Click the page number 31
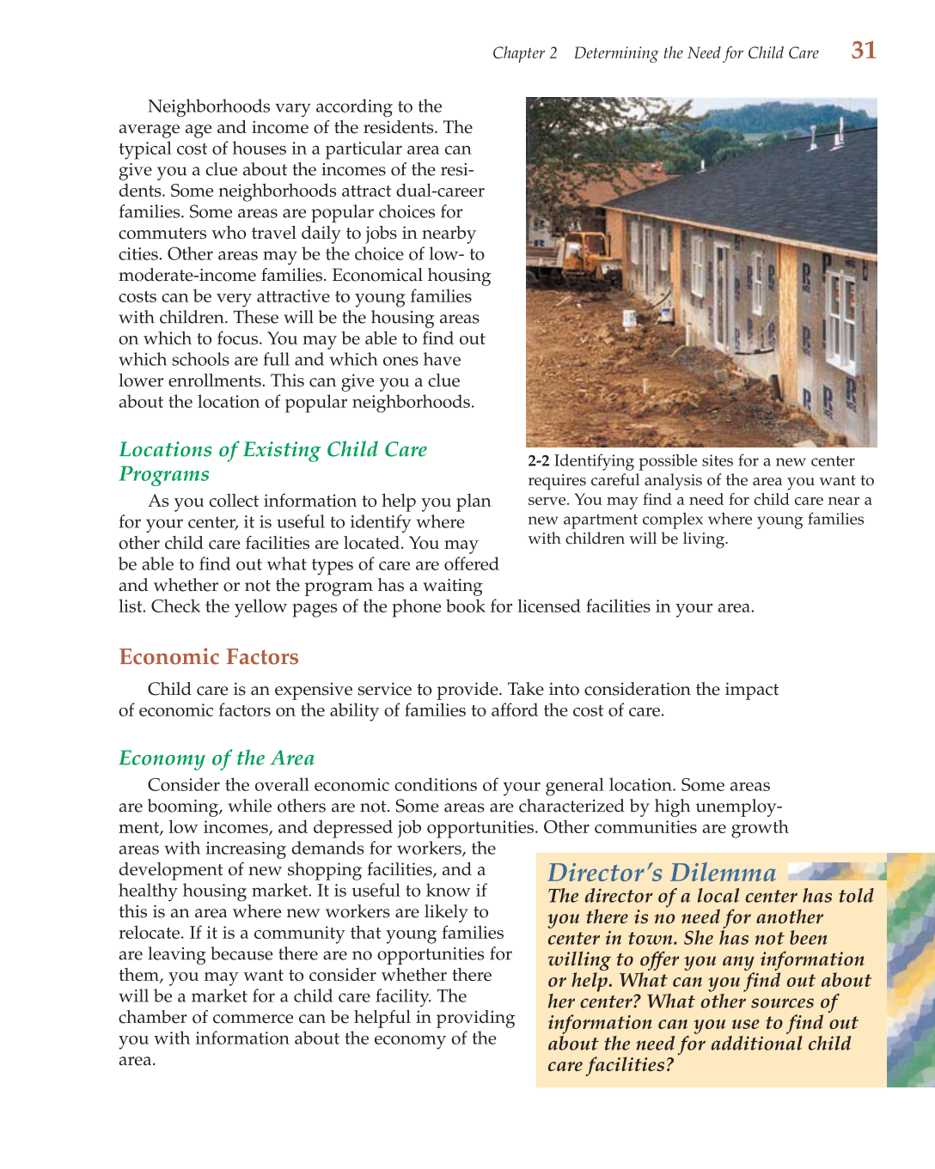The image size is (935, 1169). pos(863,51)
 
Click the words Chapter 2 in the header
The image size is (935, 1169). pos(524,53)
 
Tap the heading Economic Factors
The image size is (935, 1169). pos(209,657)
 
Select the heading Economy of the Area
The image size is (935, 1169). pos(217,758)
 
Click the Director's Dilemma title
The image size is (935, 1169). pos(662,873)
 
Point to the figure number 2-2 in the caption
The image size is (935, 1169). pos(538,461)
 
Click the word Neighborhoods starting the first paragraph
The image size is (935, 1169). pos(209,107)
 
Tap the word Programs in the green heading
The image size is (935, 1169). pos(164,475)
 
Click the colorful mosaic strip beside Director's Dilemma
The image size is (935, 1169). pos(910,971)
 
